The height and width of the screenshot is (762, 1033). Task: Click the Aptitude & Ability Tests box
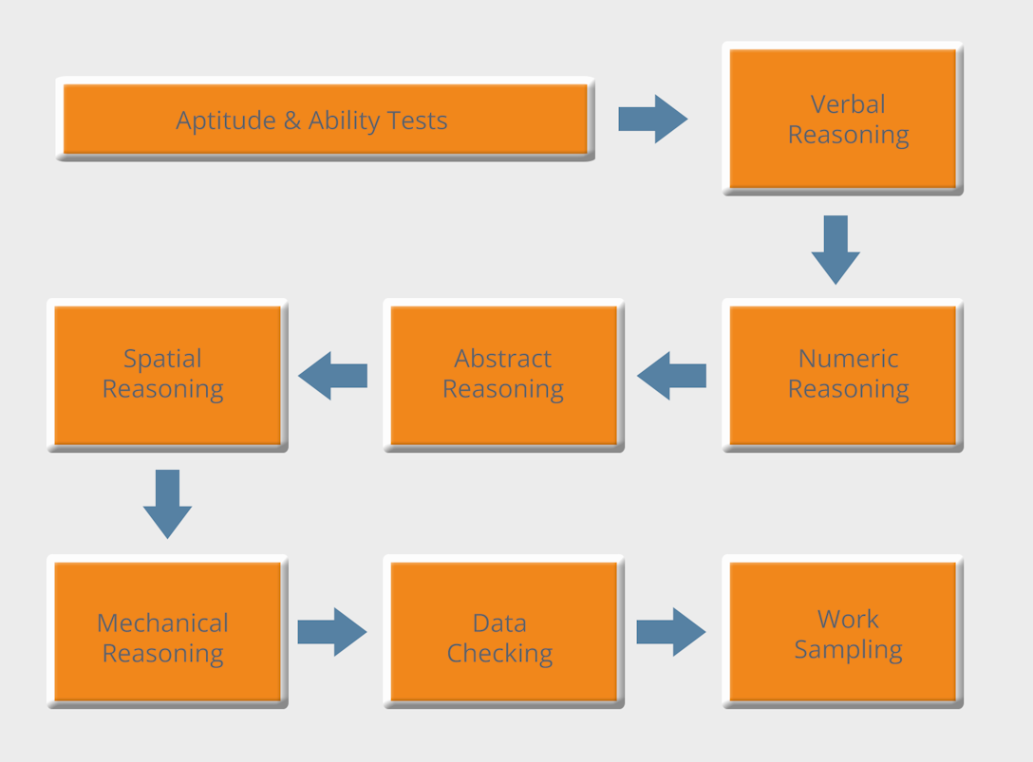[325, 120]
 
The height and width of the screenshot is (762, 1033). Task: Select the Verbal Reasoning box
[843, 119]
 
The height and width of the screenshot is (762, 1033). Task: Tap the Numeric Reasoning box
[843, 375]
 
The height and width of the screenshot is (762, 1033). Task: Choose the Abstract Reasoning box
[503, 375]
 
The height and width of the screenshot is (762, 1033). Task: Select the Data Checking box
[503, 631]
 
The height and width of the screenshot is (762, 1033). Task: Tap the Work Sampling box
[843, 631]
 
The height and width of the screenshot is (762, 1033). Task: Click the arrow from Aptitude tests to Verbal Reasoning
[653, 119]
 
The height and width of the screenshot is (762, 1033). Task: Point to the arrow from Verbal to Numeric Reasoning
[836, 250]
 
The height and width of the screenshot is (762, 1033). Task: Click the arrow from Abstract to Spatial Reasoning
[332, 376]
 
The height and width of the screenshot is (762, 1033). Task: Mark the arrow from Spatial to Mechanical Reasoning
[167, 504]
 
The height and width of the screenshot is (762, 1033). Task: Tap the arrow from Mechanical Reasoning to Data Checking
[332, 632]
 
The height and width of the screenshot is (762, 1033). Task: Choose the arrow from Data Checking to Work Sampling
[671, 632]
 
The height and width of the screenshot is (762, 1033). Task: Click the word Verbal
[848, 104]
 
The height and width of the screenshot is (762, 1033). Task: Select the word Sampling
[848, 650]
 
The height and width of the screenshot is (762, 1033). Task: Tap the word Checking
[499, 654]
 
